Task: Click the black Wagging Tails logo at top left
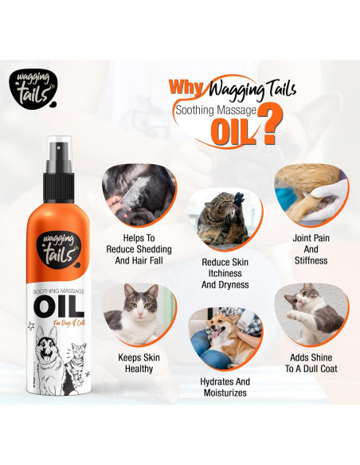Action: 31,88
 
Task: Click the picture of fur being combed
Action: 139,192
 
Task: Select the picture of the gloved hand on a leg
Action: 306,194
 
